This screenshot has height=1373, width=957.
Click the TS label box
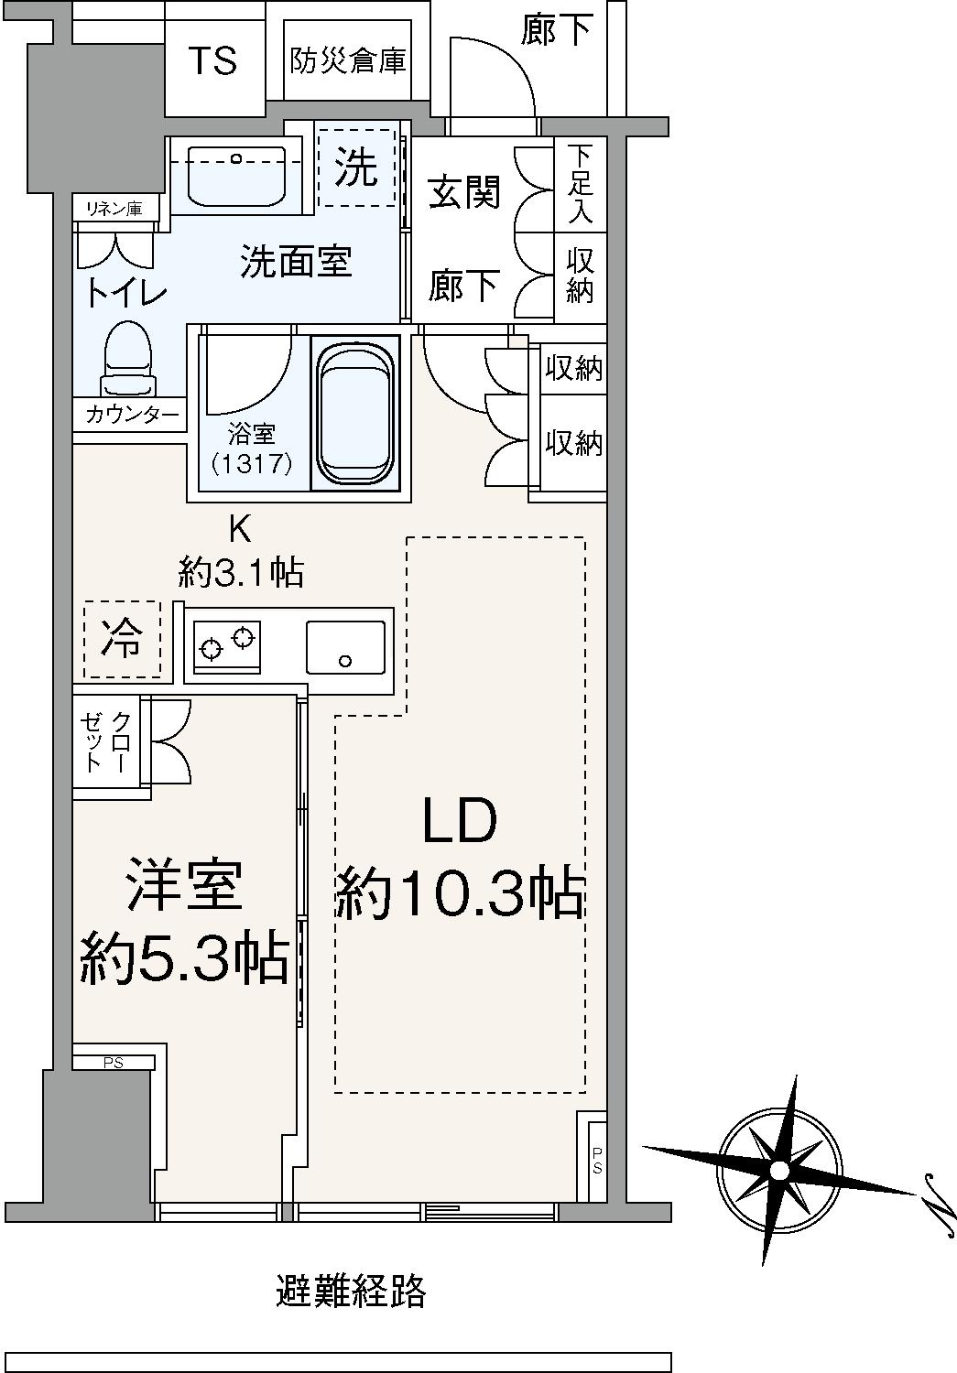[213, 62]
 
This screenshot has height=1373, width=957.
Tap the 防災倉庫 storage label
[348, 61]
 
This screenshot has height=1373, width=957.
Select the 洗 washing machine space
[356, 168]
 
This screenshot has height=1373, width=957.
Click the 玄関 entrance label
[465, 193]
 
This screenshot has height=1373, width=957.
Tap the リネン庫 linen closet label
[114, 209]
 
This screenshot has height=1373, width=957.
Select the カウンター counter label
[131, 415]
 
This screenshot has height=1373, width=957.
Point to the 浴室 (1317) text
[251, 449]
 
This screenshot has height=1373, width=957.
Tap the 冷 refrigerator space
[122, 639]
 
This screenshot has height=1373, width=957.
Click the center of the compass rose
[779, 1171]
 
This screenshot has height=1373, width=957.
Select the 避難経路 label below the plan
[351, 1291]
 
